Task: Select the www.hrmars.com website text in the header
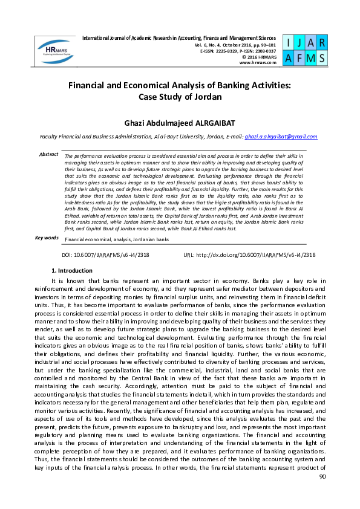coord(258,62)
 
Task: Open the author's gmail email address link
coord(281,137)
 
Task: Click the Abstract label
coord(48,155)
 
